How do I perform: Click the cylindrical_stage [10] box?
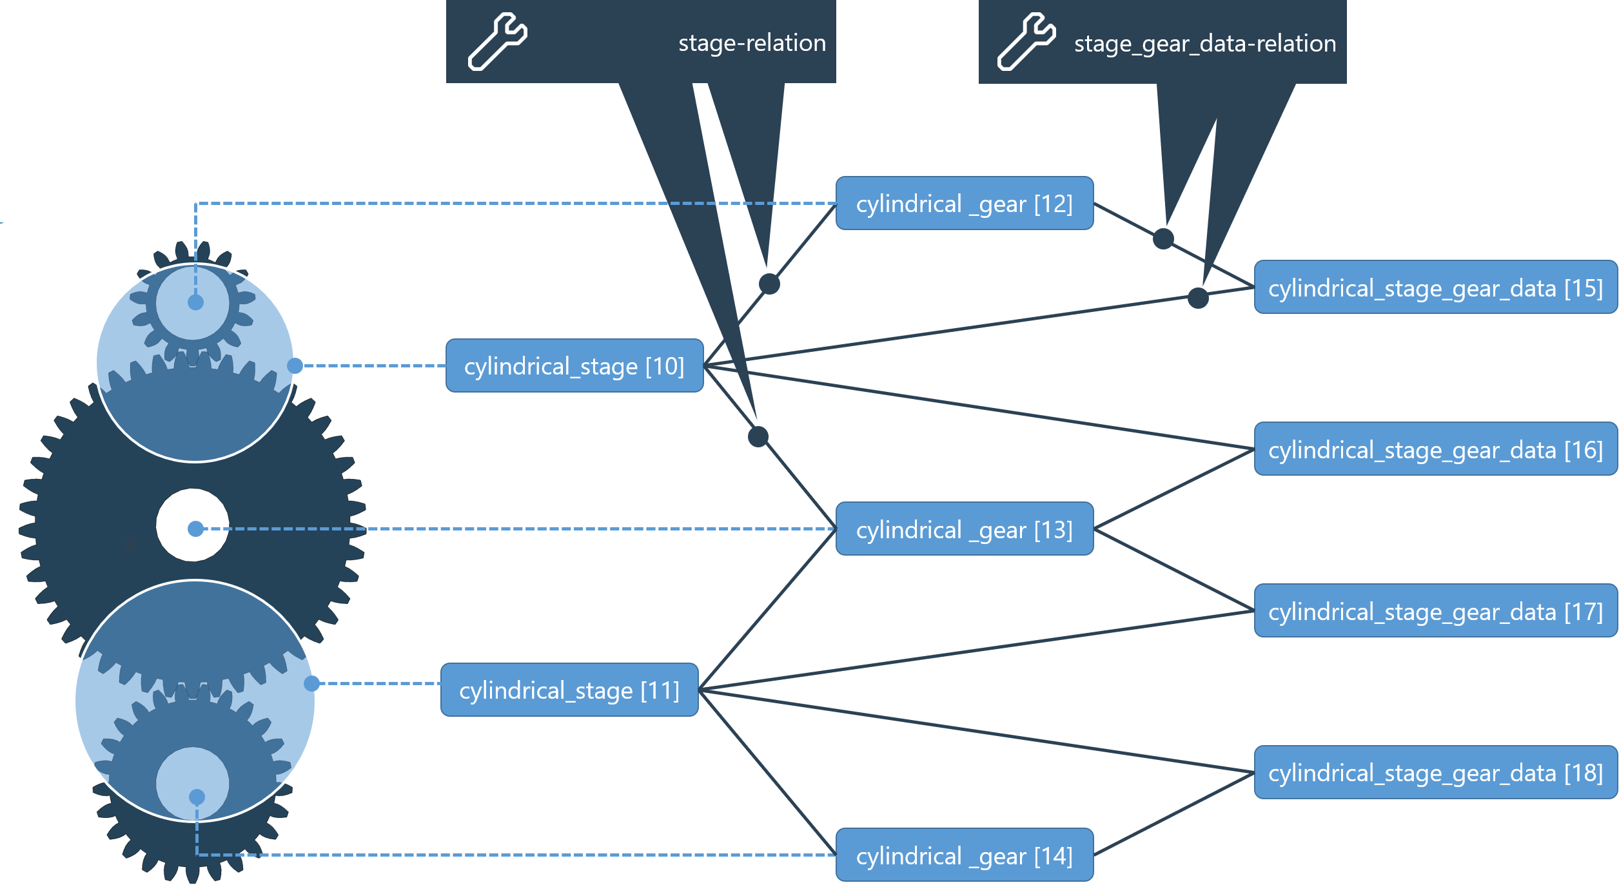coord(574,365)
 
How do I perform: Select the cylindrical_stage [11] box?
coord(569,690)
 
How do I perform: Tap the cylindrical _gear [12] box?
coord(964,203)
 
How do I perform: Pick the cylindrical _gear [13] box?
coord(964,529)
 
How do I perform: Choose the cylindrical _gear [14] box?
coord(964,855)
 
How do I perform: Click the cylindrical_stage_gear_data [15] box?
coord(1435,287)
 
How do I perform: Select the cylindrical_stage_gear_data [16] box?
coord(1435,449)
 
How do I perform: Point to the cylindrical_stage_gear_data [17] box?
coord(1435,611)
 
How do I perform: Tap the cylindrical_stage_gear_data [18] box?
coord(1435,772)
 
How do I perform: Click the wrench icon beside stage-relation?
coord(497,41)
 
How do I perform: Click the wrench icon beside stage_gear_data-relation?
coord(1026,41)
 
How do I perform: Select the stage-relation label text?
coord(752,43)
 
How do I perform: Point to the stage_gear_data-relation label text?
coord(1204,44)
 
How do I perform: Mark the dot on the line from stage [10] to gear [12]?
coord(769,284)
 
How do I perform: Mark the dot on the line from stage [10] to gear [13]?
coord(758,436)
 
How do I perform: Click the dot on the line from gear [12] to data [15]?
coord(1163,238)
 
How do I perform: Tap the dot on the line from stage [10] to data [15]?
coord(1198,298)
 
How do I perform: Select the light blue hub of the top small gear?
coord(192,303)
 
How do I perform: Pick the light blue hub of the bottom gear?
coord(192,783)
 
